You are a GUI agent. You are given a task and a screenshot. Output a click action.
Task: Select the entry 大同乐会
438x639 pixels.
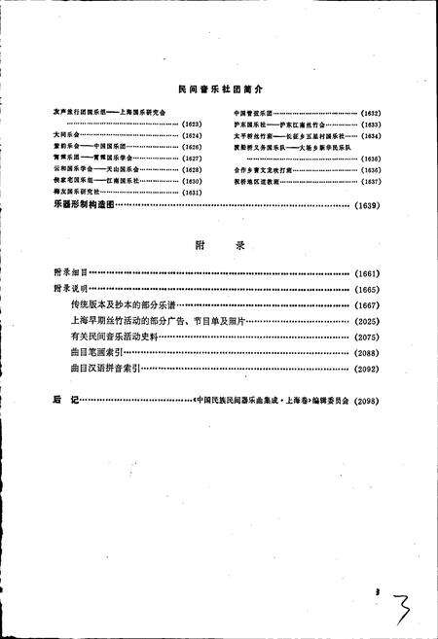(x=66, y=134)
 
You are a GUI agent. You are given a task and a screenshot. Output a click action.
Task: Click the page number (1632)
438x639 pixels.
(x=371, y=114)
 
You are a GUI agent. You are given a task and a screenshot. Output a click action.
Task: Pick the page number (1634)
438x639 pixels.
(x=371, y=135)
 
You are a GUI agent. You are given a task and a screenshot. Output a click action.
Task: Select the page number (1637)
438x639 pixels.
(x=371, y=181)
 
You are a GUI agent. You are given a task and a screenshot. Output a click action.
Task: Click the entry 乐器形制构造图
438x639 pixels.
(x=84, y=205)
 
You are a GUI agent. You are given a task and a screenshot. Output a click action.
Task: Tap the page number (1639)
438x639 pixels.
(x=371, y=205)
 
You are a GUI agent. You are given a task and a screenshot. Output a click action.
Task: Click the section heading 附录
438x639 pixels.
(x=216, y=246)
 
